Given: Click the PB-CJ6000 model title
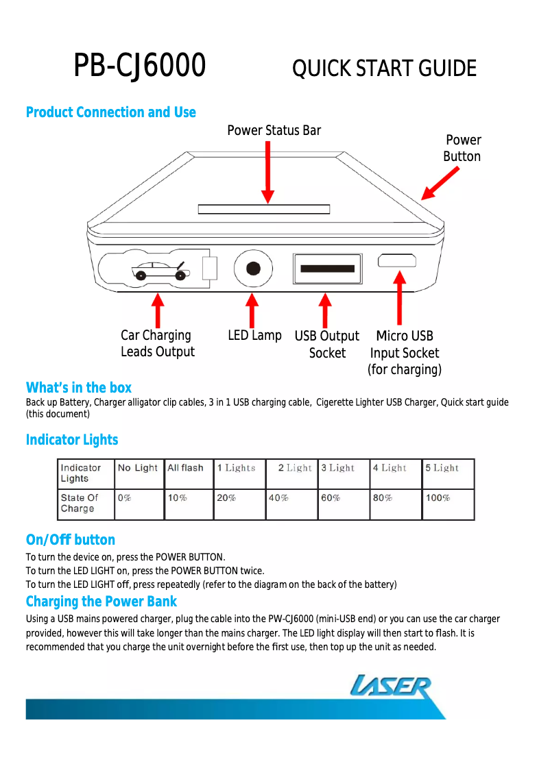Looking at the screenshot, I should [x=140, y=66].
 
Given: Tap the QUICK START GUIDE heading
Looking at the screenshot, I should [x=384, y=69].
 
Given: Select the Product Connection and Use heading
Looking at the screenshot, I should [x=110, y=112].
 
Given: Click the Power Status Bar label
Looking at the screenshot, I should [x=274, y=130].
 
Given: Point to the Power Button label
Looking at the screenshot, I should [x=462, y=148].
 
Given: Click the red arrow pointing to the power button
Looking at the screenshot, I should [x=440, y=184].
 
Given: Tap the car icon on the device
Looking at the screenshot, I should [x=161, y=271].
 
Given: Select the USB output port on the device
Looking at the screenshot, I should [x=327, y=269].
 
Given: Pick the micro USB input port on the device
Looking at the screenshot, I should [x=396, y=260].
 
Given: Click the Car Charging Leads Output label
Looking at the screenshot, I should [x=157, y=343].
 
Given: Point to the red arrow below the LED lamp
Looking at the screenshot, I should [x=253, y=310].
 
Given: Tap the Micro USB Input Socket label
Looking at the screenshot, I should [x=405, y=353].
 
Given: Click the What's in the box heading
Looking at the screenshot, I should [x=79, y=388].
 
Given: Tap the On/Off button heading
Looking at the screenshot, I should [x=71, y=540].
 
